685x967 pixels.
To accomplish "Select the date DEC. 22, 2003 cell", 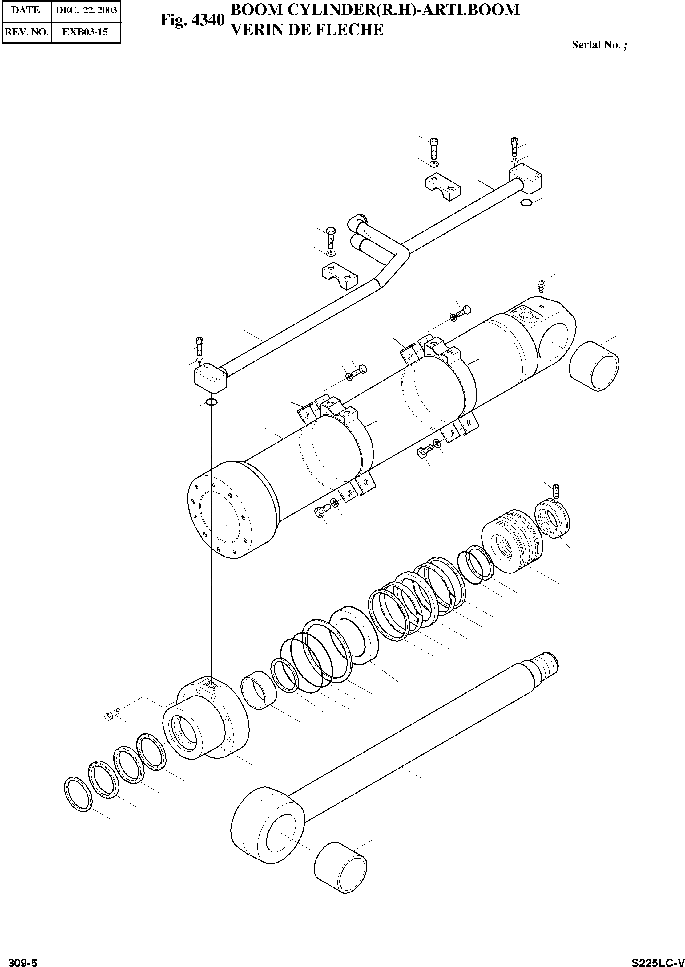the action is [x=86, y=10].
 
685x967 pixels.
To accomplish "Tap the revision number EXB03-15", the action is [x=85, y=32].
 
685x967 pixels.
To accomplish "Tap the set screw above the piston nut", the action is [x=555, y=491].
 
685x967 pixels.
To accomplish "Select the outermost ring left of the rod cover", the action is [x=79, y=793].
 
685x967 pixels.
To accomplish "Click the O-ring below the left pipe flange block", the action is [x=211, y=402].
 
